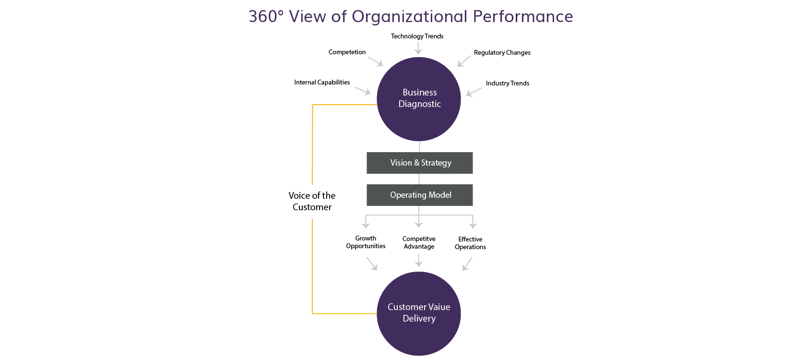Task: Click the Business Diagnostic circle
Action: click(x=419, y=99)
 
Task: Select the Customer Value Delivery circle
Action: click(x=419, y=313)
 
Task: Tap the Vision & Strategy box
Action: click(x=419, y=163)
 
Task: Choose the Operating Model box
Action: click(x=419, y=195)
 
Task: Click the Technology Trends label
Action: click(x=417, y=36)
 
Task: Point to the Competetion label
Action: click(x=347, y=52)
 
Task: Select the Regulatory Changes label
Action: click(x=502, y=53)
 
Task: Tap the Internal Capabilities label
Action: click(x=322, y=83)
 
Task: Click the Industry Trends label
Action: click(x=508, y=84)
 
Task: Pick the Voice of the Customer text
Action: click(x=312, y=201)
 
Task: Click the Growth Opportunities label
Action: click(x=366, y=242)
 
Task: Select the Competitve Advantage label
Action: click(x=419, y=243)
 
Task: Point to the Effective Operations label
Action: click(x=470, y=243)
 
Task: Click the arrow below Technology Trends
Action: click(x=418, y=48)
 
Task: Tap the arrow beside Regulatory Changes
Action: click(x=464, y=61)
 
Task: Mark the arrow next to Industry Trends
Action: click(x=474, y=92)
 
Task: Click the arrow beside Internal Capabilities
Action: click(x=362, y=91)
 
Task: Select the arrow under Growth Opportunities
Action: click(x=372, y=264)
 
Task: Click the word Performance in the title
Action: click(x=523, y=16)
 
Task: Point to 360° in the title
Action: click(x=266, y=16)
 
